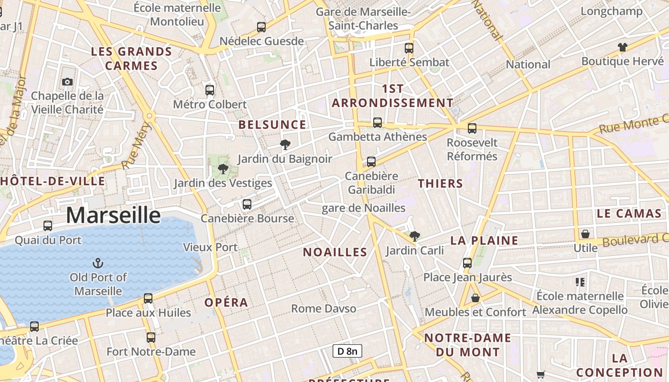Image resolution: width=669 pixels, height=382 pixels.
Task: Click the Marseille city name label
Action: [113, 215]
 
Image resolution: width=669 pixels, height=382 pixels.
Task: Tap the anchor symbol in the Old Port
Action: [97, 263]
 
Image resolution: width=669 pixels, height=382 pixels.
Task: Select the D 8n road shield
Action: [347, 351]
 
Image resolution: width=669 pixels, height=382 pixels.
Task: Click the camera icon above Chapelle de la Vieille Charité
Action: [67, 82]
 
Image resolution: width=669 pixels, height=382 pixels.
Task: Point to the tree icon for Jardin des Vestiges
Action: [223, 169]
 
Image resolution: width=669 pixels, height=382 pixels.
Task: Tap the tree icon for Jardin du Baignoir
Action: [285, 145]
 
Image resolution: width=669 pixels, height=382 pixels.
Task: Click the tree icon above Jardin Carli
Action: [415, 236]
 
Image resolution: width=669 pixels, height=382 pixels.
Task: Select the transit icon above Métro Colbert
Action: [210, 90]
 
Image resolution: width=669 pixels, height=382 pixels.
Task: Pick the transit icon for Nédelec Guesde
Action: [261, 27]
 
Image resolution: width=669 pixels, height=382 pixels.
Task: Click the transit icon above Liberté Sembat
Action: [409, 48]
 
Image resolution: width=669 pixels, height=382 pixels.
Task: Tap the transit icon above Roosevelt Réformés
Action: [472, 128]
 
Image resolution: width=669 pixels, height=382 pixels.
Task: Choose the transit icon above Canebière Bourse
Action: [247, 204]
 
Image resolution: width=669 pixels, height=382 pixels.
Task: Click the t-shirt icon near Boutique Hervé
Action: [622, 47]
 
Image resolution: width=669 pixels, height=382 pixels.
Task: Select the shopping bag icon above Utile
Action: [585, 234]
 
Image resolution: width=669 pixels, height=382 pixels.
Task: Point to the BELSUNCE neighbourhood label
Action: [272, 125]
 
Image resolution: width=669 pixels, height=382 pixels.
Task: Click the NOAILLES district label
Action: [335, 252]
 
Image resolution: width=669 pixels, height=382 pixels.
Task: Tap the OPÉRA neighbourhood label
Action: [227, 303]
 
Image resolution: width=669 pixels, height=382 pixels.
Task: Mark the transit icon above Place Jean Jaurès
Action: [467, 263]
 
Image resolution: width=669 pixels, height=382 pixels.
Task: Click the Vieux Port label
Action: [210, 247]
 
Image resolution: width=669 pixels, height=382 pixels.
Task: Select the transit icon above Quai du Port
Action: [48, 226]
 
